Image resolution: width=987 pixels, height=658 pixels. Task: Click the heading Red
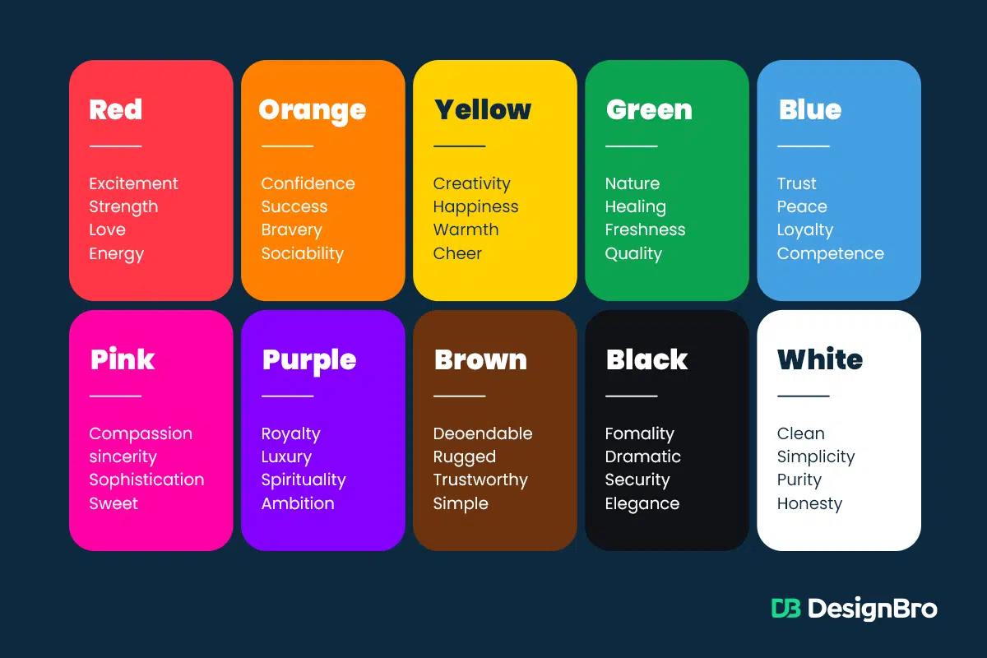116,109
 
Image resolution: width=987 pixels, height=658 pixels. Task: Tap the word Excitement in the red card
133,183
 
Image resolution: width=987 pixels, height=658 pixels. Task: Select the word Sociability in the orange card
303,254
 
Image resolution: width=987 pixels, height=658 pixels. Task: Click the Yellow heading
483,109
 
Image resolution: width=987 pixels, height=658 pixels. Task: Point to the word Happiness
475,207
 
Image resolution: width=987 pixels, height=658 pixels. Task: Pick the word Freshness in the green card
645,229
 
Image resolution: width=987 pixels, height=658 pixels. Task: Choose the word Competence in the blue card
830,254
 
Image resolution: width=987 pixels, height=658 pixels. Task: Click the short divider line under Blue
804,146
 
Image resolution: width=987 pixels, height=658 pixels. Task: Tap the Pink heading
122,359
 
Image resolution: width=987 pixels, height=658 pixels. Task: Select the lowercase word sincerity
123,456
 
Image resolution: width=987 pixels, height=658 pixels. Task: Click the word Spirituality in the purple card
304,480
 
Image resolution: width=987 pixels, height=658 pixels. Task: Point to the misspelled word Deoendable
483,433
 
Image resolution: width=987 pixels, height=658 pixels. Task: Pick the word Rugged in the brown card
465,457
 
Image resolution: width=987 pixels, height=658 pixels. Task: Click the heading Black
646,359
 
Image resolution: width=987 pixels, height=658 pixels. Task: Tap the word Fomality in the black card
639,433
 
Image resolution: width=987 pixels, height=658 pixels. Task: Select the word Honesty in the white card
809,503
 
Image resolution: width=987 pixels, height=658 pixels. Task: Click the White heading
819,359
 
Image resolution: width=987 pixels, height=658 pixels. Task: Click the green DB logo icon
785,608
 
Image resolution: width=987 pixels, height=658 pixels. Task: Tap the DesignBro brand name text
873,609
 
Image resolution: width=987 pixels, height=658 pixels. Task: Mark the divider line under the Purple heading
287,396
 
